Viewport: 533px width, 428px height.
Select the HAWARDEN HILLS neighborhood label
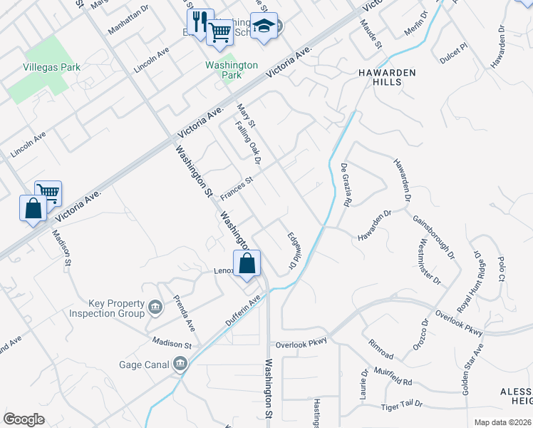point(377,77)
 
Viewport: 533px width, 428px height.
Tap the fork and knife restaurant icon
point(200,21)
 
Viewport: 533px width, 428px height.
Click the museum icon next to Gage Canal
point(180,365)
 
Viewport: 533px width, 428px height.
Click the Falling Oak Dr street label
point(247,139)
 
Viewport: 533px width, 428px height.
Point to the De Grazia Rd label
point(346,185)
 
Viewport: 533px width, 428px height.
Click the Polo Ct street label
point(501,265)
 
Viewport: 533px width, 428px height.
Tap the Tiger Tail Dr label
point(402,404)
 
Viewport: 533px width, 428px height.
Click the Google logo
point(24,419)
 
